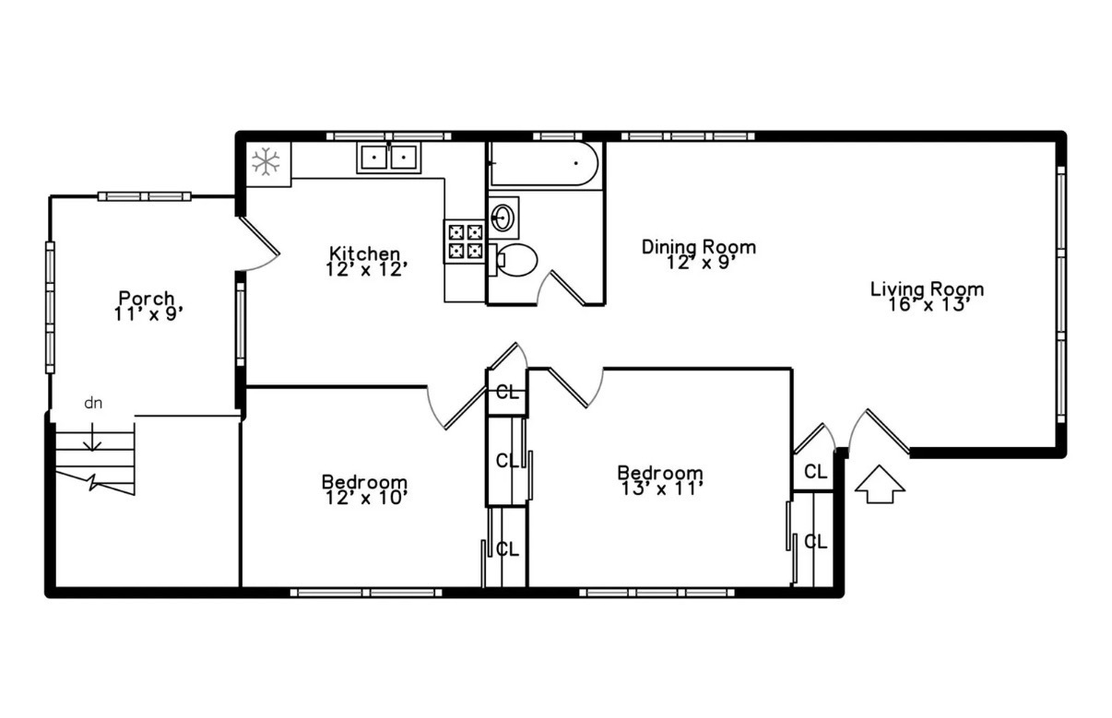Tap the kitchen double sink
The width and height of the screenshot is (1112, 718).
click(x=388, y=159)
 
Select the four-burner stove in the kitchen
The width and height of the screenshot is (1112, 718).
click(x=465, y=241)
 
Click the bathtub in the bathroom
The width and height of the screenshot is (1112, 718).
click(x=544, y=166)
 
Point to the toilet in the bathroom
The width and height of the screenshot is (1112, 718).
click(x=515, y=260)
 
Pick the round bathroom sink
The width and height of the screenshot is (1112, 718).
click(x=503, y=218)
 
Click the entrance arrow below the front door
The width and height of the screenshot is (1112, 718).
click(x=879, y=486)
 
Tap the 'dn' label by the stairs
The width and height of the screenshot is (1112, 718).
click(x=93, y=403)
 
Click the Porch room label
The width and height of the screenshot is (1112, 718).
click(x=147, y=298)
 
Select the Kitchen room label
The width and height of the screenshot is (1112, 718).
click(x=365, y=253)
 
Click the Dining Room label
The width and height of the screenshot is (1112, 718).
click(x=699, y=246)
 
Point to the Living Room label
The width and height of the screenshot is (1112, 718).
click(x=927, y=288)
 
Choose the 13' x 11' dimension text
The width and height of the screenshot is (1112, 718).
click(x=660, y=488)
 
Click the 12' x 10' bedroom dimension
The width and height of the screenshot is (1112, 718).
click(x=364, y=497)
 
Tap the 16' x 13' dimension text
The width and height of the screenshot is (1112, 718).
click(x=927, y=305)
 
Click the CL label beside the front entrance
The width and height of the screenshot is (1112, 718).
click(x=815, y=472)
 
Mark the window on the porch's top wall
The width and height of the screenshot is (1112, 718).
click(x=145, y=196)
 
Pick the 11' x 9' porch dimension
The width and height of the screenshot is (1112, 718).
click(x=147, y=313)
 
